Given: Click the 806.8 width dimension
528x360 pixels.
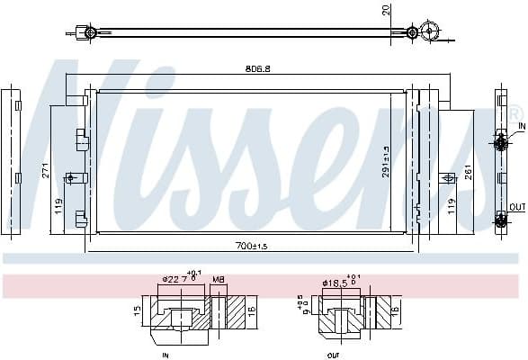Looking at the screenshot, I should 258,68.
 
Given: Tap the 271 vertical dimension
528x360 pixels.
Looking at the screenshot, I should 44,171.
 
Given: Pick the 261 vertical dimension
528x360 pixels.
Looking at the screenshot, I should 469,173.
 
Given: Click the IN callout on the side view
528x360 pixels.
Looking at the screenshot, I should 522,127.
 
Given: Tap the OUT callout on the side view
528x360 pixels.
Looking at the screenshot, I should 517,207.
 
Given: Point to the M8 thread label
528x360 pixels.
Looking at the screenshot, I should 219,279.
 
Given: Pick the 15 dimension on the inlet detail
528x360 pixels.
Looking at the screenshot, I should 136,310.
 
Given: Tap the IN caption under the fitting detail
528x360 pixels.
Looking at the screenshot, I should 165,354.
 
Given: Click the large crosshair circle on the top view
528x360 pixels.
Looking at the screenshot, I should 430,32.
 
